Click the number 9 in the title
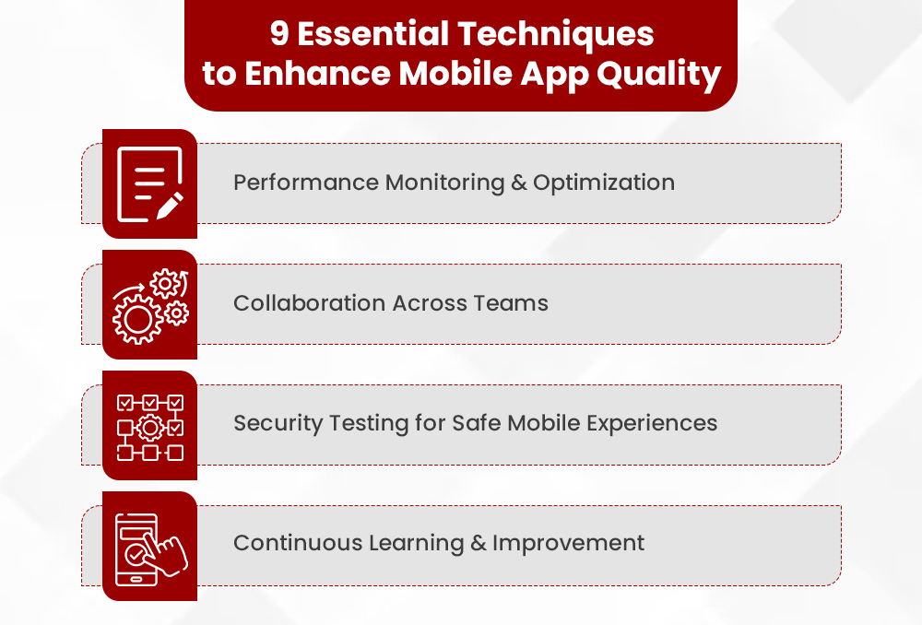(280, 34)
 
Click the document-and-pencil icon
(149, 183)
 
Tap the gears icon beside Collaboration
(149, 304)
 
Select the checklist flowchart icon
(149, 425)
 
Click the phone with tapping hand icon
(149, 546)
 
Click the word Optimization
(604, 183)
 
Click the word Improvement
(569, 544)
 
